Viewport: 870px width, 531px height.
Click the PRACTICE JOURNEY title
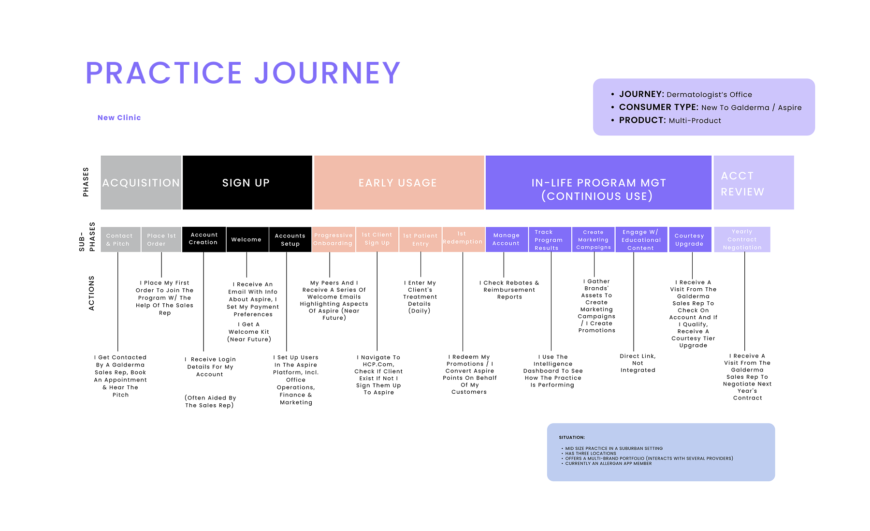pos(243,73)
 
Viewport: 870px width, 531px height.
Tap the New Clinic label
pos(119,118)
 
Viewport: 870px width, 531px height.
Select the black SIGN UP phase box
pos(247,182)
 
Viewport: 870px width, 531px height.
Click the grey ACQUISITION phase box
pos(141,182)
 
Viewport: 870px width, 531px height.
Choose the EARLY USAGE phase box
pos(399,182)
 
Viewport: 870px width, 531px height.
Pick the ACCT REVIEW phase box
pos(754,182)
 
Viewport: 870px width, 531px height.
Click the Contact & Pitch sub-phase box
pos(121,239)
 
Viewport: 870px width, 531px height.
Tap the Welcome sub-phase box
pos(247,239)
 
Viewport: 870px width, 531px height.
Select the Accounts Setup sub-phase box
pos(290,239)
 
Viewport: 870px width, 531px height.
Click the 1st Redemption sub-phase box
pos(463,239)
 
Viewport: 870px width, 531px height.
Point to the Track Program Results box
pos(550,239)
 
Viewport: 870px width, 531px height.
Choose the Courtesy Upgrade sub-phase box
pos(690,239)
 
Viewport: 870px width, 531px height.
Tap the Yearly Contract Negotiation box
pos(742,239)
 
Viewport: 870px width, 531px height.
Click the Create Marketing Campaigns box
pos(594,239)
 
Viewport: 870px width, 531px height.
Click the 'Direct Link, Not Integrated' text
pos(638,363)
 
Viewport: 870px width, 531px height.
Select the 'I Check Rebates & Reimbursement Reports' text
pos(509,290)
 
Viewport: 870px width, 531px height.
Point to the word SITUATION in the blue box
pos(572,437)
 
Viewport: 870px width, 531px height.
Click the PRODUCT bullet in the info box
pos(670,120)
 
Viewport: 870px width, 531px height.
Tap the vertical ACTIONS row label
pos(91,293)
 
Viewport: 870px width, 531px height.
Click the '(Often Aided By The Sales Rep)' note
pos(210,401)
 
